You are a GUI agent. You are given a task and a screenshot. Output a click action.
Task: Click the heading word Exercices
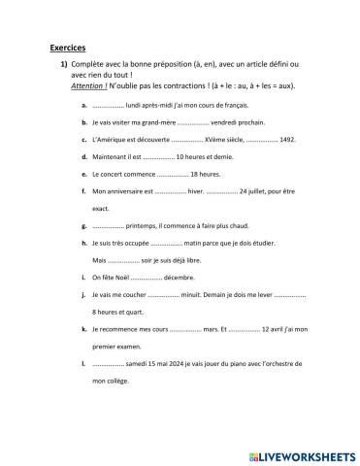[67, 46]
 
